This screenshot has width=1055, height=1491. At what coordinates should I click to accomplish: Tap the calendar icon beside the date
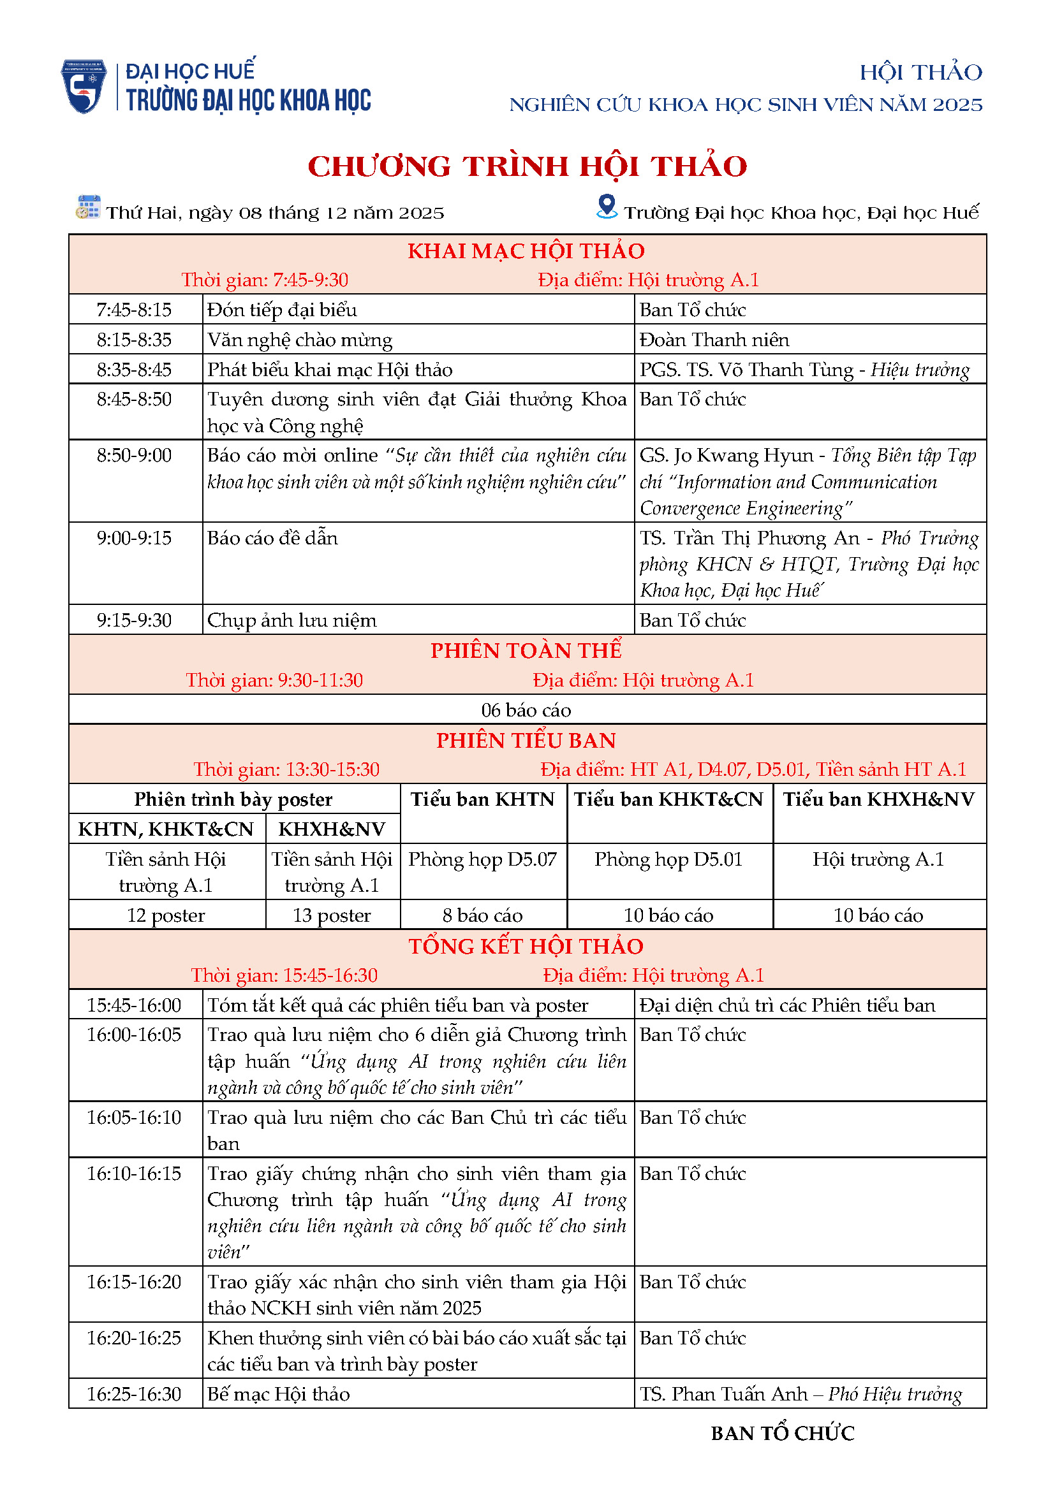87,207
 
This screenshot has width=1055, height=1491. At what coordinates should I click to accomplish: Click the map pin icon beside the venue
607,207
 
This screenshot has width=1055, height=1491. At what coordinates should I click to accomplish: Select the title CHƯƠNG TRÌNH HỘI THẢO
527,166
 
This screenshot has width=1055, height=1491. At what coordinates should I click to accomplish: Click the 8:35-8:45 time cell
135,370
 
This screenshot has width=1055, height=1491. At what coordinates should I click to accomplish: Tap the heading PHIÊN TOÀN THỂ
526,651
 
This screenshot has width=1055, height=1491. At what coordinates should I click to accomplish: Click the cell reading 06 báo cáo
526,709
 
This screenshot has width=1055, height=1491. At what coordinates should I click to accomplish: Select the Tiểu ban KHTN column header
483,799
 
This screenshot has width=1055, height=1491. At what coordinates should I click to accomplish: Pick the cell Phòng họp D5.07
483,859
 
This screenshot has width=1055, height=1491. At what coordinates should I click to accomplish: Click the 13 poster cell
332,915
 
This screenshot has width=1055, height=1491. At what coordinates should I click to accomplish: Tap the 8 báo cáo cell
483,915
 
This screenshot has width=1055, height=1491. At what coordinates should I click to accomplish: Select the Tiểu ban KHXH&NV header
878,799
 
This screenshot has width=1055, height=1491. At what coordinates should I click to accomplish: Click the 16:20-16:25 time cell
135,1339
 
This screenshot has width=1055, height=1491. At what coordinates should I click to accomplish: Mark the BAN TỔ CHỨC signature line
783,1433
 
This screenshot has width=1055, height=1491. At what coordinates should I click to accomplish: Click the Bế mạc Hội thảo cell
279,1394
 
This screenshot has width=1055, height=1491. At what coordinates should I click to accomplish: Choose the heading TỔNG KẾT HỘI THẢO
526,946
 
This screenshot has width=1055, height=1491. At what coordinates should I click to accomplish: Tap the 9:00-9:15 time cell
135,539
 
